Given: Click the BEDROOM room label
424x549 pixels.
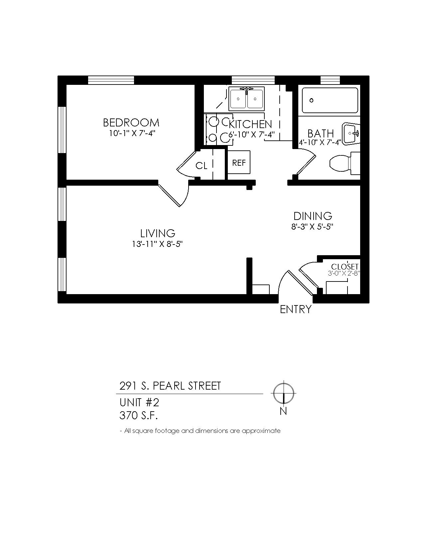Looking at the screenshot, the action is [131, 123].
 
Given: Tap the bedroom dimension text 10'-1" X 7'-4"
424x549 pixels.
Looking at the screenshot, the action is [132, 133].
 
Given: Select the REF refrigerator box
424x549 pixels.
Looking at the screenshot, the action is [239, 162].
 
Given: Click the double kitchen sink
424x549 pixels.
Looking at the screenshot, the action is [246, 99].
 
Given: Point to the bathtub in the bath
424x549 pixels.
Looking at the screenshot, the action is [330, 100].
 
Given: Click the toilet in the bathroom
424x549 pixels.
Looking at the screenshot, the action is [345, 163].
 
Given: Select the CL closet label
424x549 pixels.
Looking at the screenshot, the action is [202, 166].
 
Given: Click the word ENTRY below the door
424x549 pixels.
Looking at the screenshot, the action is [296, 309].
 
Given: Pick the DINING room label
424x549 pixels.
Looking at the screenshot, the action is [313, 216].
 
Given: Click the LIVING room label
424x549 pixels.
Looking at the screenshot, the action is [158, 234].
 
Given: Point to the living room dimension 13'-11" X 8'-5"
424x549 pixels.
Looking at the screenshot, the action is [157, 244].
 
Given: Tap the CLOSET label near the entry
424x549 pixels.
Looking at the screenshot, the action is [345, 267].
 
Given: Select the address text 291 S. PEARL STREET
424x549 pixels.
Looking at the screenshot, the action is [170, 386].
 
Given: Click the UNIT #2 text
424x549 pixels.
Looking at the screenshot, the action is [139, 403].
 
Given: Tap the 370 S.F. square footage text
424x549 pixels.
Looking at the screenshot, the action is [139, 416].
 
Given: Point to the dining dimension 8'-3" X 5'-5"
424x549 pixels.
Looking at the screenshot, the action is [312, 227].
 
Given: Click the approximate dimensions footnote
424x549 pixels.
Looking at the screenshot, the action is [200, 431].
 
